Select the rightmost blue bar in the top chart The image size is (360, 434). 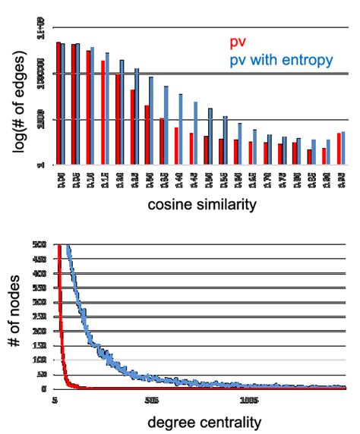(343, 148)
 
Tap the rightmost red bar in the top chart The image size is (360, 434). (339, 149)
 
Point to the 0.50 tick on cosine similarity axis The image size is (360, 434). (209, 181)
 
